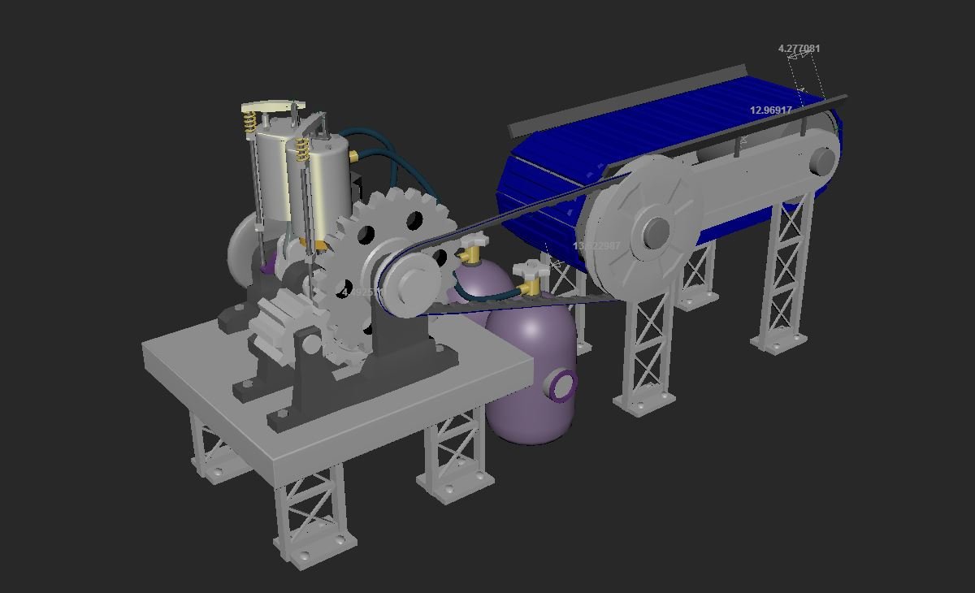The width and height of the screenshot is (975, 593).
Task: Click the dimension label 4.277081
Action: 799,49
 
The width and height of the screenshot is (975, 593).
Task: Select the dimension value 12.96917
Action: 770,110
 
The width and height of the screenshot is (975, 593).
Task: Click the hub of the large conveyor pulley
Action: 655,234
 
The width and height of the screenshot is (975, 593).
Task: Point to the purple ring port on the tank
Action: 562,386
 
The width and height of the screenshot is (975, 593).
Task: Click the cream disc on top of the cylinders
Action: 271,106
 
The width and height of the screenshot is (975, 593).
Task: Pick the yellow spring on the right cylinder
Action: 302,149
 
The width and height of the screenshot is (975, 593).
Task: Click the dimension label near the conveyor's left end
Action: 596,246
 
